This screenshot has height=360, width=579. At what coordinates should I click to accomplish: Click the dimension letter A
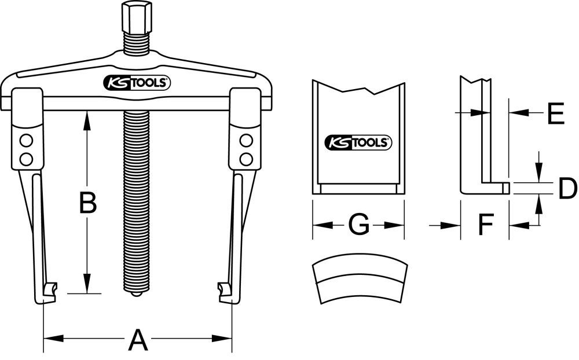tap(137, 339)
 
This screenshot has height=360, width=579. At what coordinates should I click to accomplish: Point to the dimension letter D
tap(567, 189)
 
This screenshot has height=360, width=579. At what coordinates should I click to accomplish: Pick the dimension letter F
tap(485, 225)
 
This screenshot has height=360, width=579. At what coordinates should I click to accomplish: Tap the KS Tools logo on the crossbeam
tap(136, 83)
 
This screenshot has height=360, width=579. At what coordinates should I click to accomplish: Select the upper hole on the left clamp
tap(25, 140)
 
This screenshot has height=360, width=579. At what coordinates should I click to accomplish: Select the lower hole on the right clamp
tap(246, 159)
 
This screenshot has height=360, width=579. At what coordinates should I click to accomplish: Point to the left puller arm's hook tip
tap(52, 288)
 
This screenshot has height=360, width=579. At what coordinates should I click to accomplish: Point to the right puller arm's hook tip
tap(222, 288)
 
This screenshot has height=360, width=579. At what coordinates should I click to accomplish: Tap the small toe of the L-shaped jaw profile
tap(505, 188)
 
